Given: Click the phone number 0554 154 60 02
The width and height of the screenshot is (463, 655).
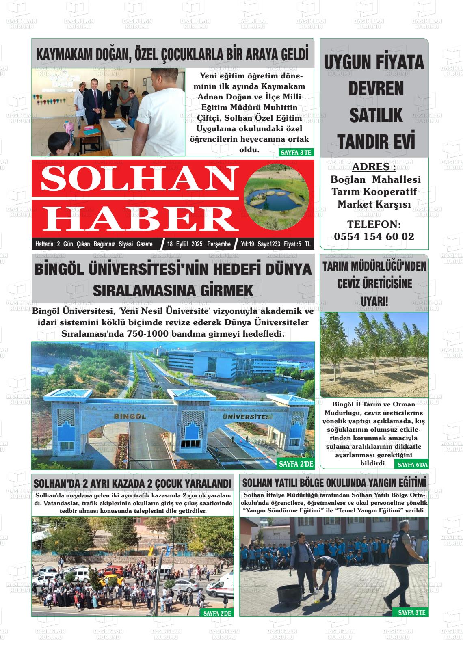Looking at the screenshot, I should (x=374, y=237).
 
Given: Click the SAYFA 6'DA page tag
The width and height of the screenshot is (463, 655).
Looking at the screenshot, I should (x=413, y=465).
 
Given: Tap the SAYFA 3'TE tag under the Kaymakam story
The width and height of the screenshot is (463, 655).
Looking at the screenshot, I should (x=296, y=153).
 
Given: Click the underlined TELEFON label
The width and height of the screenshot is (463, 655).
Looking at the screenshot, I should (x=374, y=225).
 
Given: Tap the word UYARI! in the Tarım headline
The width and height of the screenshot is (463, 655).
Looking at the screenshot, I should (x=374, y=302).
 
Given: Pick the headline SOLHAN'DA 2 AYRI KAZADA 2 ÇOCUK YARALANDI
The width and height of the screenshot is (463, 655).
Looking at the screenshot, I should (x=132, y=484).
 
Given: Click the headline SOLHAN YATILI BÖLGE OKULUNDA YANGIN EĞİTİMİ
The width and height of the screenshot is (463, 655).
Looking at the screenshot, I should (x=334, y=483).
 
